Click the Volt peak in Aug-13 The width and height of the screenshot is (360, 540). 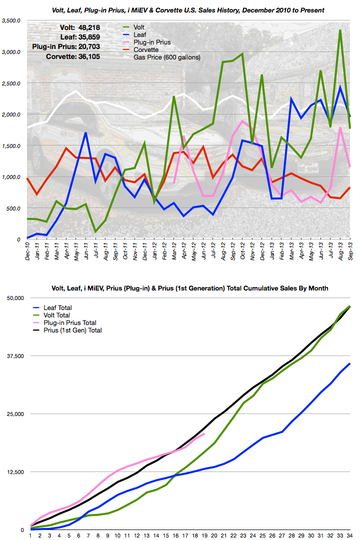click(x=340, y=30)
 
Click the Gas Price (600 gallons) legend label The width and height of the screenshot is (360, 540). click(x=167, y=57)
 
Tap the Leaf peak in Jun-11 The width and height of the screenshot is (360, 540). click(x=85, y=132)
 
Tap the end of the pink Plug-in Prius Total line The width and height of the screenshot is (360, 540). click(x=204, y=434)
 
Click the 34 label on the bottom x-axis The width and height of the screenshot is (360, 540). click(x=349, y=535)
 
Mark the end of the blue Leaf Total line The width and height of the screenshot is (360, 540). click(x=350, y=363)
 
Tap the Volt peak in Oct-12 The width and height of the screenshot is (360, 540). click(x=242, y=53)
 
